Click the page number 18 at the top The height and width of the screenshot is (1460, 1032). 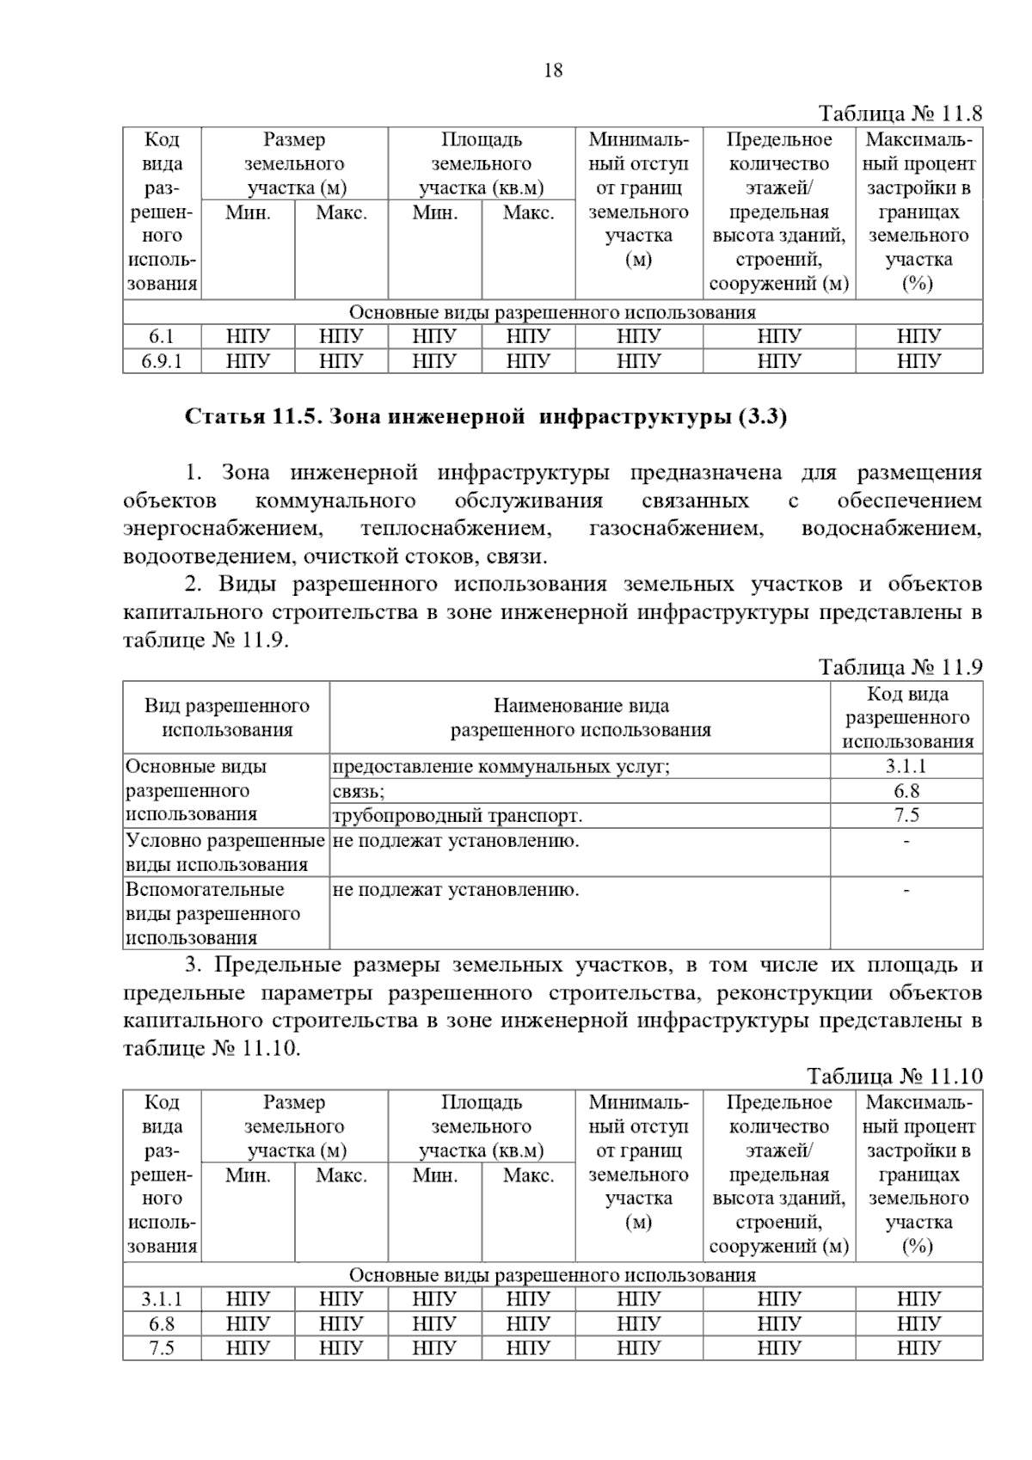pos(553,71)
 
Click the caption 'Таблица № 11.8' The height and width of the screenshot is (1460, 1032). pos(900,113)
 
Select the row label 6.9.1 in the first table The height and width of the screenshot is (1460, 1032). pos(162,361)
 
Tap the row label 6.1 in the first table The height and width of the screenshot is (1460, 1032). pos(162,336)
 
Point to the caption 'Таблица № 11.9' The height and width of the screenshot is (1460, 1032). pos(900,667)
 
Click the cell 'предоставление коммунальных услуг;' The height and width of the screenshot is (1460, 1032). pos(501,766)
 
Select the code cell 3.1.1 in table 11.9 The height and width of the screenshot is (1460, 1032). pos(906,766)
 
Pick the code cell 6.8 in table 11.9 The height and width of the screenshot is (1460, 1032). pos(906,791)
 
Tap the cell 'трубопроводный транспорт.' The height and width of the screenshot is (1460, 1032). pos(457,815)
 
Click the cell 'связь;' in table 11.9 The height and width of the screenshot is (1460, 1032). pos(359,791)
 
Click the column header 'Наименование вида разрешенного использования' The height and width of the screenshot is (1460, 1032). pos(580,718)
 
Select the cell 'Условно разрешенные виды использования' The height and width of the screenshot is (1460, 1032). pos(225,852)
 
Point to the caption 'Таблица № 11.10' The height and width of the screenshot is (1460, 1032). pos(894,1077)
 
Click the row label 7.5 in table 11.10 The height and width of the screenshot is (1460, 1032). pos(162,1347)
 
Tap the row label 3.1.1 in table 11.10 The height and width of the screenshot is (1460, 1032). pos(162,1298)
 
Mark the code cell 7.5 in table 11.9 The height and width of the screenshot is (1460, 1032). pos(906,815)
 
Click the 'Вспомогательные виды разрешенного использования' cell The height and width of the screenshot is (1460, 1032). pos(213,913)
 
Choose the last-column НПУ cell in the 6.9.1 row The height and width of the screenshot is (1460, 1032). pos(918,361)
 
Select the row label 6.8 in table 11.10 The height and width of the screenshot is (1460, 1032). pos(162,1323)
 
